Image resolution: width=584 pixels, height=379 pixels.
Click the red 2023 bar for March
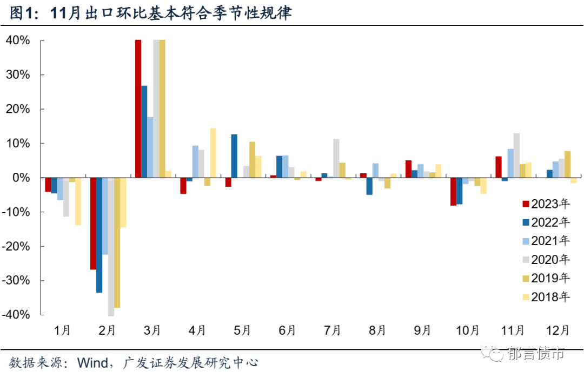138,109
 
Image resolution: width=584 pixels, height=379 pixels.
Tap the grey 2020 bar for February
111,246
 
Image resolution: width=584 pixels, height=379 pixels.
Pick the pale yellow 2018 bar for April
213,153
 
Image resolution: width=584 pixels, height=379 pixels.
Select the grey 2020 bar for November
516,155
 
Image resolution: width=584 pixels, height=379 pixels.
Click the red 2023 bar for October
453,191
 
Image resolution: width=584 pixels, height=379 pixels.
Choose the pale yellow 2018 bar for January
78,201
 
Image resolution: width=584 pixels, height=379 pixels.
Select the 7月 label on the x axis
333,329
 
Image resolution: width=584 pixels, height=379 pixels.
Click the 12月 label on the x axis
558,329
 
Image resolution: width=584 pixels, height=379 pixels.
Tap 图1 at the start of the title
21,13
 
